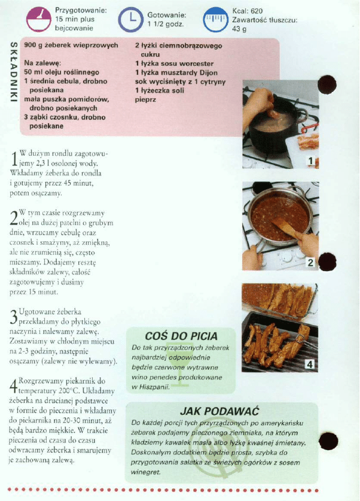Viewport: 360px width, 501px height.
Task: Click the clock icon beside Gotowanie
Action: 130,20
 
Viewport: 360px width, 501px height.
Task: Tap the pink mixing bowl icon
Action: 39,20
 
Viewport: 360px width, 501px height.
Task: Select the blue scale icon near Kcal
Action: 216,20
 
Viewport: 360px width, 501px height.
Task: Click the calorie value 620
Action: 257,11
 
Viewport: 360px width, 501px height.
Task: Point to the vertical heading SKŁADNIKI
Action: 13,72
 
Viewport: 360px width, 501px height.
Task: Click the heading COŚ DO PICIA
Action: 181,336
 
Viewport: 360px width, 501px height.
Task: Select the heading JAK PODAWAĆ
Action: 219,411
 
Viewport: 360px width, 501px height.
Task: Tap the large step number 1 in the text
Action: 14,159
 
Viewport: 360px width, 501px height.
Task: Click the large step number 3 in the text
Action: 13,317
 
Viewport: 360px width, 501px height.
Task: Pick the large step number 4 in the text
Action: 13,386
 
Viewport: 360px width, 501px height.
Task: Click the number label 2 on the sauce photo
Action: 310,263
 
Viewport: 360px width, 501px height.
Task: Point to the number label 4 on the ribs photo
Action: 310,364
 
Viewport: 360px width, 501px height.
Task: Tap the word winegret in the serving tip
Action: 145,472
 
